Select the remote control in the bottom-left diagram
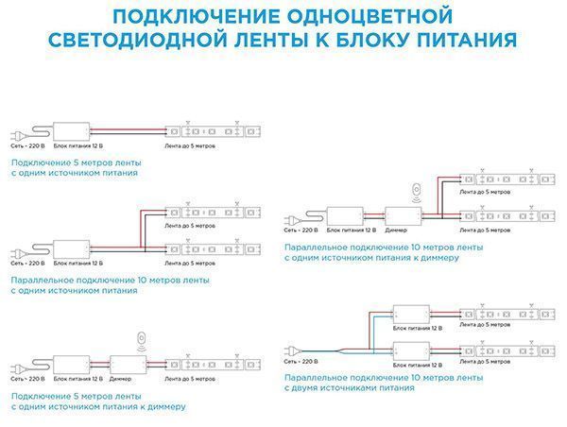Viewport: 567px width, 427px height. pos(142,337)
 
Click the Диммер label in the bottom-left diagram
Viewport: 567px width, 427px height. pos(121,379)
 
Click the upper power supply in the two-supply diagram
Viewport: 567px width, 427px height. pos(410,314)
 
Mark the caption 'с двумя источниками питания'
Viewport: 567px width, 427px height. pos(349,387)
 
